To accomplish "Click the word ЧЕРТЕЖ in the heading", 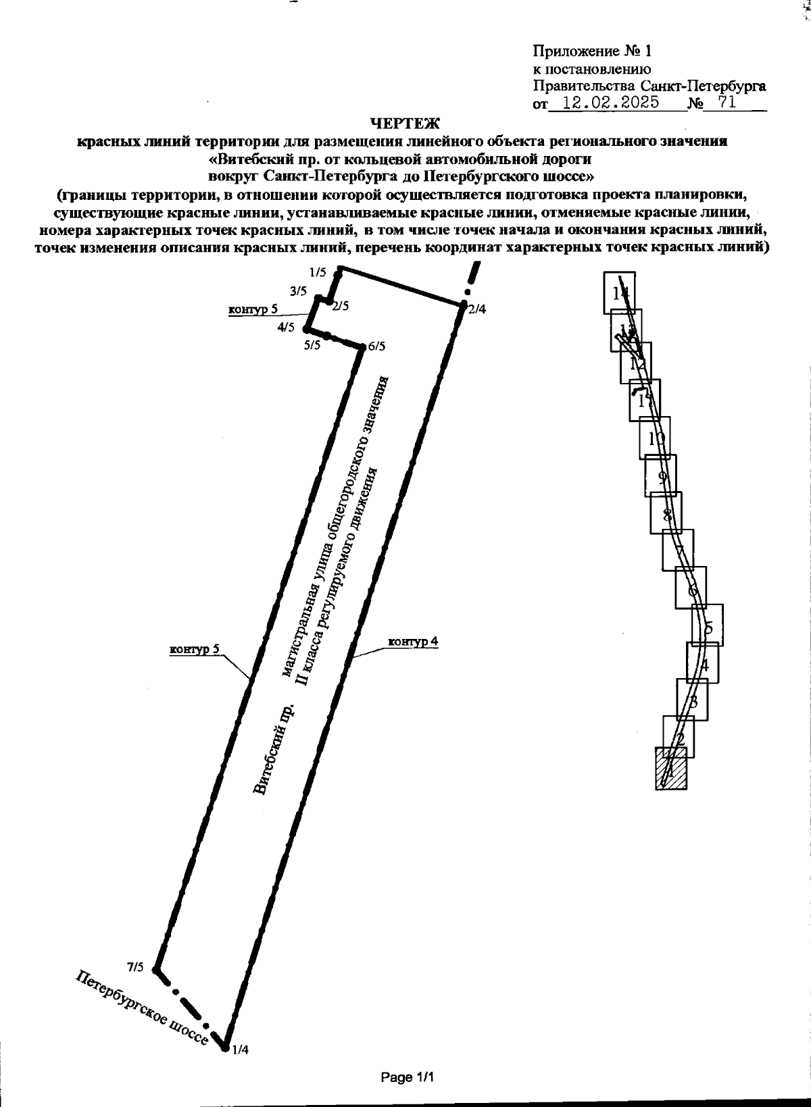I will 405,123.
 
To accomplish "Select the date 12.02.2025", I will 606,104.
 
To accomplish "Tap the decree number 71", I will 727,104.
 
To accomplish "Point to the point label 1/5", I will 318,273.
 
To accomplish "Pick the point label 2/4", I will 476,309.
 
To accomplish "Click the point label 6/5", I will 376,346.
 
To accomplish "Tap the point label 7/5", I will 135,967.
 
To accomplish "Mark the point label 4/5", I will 286,328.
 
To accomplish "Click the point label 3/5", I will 298,292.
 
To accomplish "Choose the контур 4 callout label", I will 413,641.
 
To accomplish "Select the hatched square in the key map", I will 671,768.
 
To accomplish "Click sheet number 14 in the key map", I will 620,293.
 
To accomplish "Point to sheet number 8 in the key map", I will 667,515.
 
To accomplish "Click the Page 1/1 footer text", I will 407,1077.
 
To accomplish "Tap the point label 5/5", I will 312,345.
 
